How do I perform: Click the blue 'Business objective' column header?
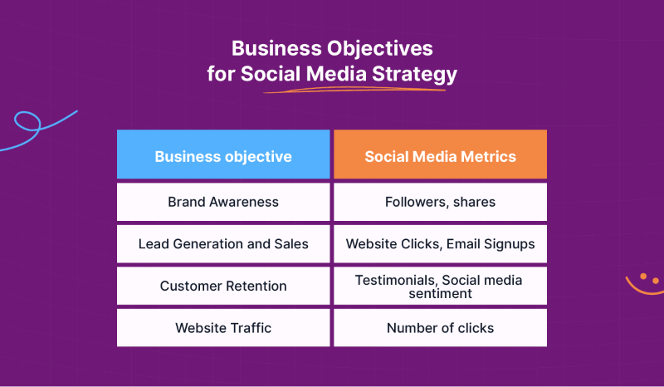(x=223, y=155)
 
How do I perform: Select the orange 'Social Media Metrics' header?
(x=440, y=155)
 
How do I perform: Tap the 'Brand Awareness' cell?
(x=223, y=202)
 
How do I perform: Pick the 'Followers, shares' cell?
(x=440, y=202)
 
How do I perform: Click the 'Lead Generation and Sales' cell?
(x=223, y=244)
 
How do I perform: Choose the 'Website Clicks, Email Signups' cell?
(x=440, y=244)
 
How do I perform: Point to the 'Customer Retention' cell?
(x=223, y=286)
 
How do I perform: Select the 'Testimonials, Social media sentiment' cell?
(x=440, y=286)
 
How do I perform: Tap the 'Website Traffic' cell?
(x=223, y=328)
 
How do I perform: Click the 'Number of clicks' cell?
(x=440, y=328)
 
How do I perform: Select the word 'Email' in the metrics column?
(x=466, y=244)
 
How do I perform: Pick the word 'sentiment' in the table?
(x=440, y=293)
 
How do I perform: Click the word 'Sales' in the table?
(x=291, y=244)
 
